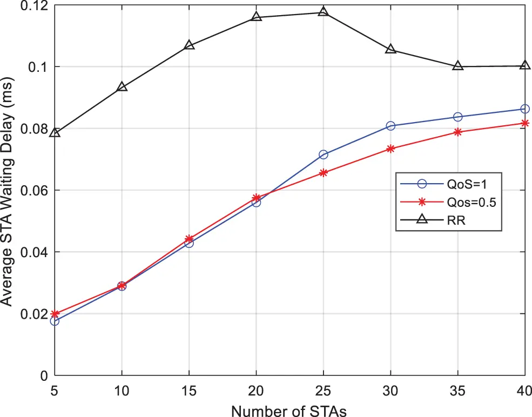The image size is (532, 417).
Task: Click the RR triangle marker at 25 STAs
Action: pos(324,12)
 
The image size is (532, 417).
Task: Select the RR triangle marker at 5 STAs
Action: pos(55,132)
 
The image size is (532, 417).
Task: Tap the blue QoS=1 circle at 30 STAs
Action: pos(391,126)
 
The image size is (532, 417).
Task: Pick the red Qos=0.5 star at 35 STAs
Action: pos(458,132)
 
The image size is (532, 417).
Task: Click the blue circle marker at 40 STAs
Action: pos(525,109)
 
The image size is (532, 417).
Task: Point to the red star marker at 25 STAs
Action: pos(324,173)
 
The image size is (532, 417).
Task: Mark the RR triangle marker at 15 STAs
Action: pos(189,45)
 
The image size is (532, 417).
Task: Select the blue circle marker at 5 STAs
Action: pos(55,321)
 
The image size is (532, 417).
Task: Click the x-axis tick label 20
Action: pos(256,389)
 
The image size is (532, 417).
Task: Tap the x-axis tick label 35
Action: pos(458,389)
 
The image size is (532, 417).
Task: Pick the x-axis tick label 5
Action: pos(55,389)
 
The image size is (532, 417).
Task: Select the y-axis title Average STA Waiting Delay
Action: pos(9,190)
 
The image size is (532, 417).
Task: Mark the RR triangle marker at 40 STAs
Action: pos(525,65)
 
